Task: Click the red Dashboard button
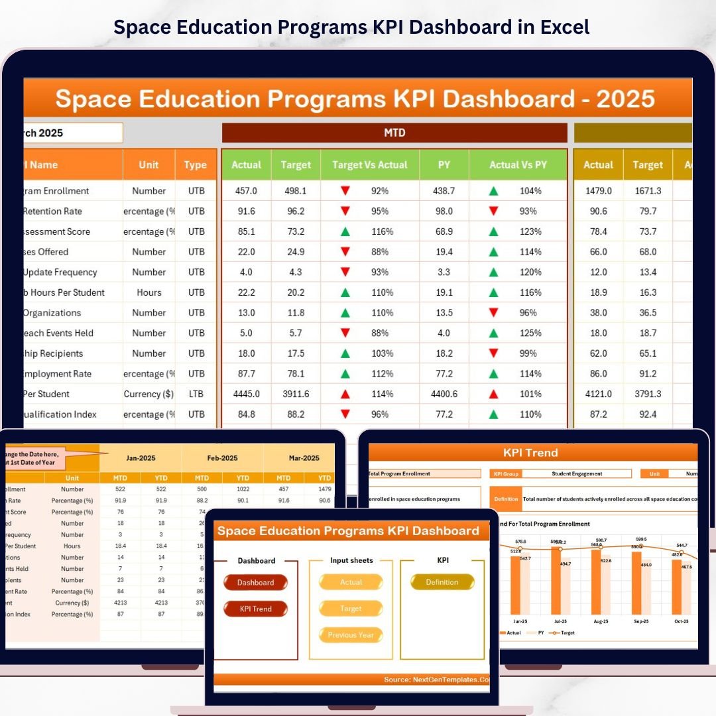click(x=255, y=583)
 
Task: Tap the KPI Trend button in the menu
click(x=255, y=609)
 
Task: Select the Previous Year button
click(x=351, y=635)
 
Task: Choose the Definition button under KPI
click(x=442, y=582)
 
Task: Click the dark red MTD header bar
click(x=394, y=133)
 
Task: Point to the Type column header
click(x=196, y=165)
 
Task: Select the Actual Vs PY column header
click(x=518, y=165)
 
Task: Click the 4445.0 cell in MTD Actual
click(x=246, y=394)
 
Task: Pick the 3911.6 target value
click(x=295, y=394)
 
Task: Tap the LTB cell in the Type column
click(x=196, y=394)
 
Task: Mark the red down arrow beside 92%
click(x=345, y=191)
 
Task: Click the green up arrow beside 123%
click(x=493, y=231)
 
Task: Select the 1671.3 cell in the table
click(x=647, y=191)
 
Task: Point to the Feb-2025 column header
click(x=222, y=457)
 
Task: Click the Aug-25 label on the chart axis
click(x=601, y=621)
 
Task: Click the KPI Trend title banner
click(x=530, y=453)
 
